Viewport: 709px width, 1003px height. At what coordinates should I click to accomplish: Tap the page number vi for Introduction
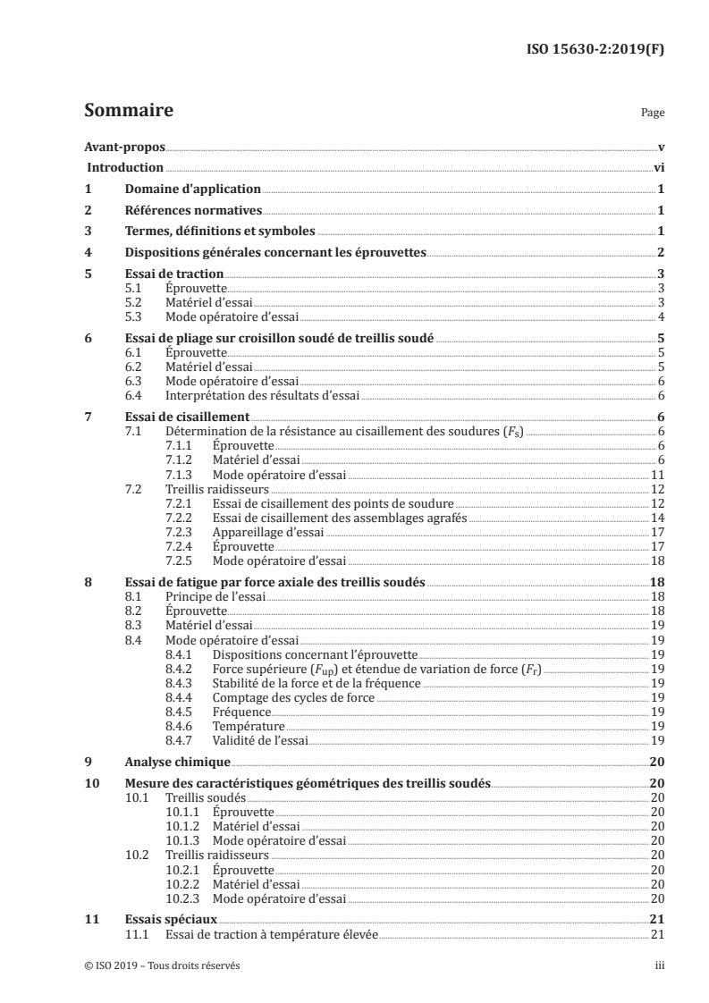pos(658,167)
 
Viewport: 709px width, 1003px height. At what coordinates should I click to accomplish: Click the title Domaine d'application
pos(192,189)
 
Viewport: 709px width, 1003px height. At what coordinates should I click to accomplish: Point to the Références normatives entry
pos(192,210)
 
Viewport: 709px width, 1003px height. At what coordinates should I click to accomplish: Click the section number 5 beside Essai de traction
pos(88,274)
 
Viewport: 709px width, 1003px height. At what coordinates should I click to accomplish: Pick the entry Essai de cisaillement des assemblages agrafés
pos(340,518)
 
